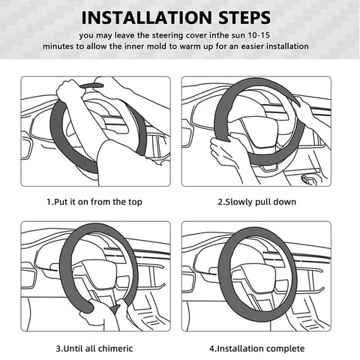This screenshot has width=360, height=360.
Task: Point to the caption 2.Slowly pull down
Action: pyautogui.click(x=256, y=202)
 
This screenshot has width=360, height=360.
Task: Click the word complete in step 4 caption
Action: pyautogui.click(x=284, y=349)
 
